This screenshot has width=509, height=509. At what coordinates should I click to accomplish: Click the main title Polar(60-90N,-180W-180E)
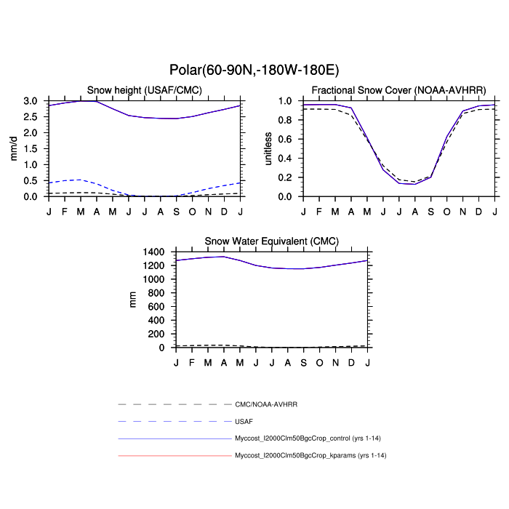tap(254, 70)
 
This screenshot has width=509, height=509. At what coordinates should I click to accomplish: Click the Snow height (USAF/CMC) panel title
tap(145, 89)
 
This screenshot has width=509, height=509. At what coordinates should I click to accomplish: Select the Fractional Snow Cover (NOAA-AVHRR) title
tap(398, 89)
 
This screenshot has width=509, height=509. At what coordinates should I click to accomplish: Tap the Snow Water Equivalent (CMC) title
tap(271, 241)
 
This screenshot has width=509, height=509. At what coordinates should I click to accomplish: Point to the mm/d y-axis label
tap(12, 148)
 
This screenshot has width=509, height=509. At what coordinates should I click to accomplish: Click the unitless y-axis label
tap(268, 148)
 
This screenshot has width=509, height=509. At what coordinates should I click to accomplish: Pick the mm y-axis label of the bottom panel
tap(132, 299)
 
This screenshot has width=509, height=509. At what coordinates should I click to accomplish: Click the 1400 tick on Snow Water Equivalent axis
tap(155, 252)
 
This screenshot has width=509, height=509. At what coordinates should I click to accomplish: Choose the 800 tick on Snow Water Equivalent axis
tap(158, 293)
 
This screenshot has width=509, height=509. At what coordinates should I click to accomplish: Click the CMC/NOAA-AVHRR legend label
tap(267, 404)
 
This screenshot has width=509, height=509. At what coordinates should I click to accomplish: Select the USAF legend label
tap(244, 421)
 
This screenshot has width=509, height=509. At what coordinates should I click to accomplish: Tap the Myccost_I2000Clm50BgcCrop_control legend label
tap(310, 438)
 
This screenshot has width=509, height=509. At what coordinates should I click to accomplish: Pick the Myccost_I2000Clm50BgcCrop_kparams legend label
tap(310, 456)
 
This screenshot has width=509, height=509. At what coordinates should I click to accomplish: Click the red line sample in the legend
tap(175, 456)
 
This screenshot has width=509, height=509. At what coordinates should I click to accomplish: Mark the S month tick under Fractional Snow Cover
tap(431, 211)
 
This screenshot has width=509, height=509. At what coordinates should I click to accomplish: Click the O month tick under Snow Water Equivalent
tap(319, 362)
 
